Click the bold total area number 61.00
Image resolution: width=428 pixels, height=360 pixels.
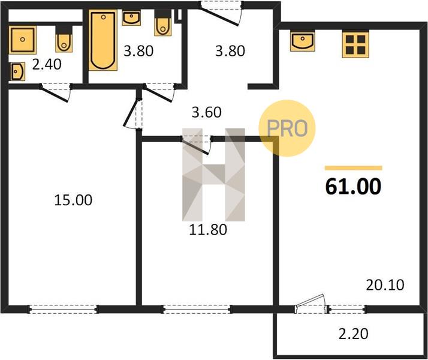[x=353, y=187]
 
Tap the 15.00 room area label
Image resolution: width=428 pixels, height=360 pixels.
[x=73, y=200]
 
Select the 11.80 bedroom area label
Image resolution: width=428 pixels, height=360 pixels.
[x=208, y=229]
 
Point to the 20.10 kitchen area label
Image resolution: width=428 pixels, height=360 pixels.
[x=385, y=285]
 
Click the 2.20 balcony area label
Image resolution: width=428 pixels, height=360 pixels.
[x=354, y=334]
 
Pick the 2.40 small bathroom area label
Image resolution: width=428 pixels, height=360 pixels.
[x=47, y=64]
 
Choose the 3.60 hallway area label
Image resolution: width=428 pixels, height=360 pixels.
[x=206, y=112]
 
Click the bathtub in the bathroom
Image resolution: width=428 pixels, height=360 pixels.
[x=103, y=40]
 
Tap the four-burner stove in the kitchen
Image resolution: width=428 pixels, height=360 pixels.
[x=355, y=44]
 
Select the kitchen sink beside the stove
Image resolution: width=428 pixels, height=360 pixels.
[x=303, y=41]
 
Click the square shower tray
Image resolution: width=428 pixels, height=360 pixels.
[x=22, y=40]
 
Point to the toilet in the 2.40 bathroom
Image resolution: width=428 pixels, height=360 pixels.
[x=64, y=39]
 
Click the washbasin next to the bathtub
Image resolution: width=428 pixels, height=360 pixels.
[x=131, y=18]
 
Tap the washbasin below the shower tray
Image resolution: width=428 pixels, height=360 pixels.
[x=18, y=71]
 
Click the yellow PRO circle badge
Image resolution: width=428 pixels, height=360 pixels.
[x=287, y=128]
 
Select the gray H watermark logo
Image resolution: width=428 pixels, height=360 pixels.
[x=213, y=175]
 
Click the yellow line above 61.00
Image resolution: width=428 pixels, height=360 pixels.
[x=354, y=168]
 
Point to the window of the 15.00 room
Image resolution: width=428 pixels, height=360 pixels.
[x=63, y=309]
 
